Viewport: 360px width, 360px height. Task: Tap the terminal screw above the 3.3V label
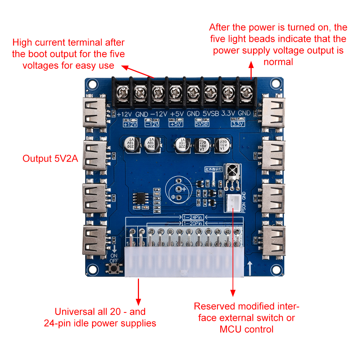228,94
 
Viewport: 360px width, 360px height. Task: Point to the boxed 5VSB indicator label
202,124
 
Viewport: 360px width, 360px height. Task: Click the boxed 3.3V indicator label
238,124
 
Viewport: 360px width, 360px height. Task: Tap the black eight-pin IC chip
139,199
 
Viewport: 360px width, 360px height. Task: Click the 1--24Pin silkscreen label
193,217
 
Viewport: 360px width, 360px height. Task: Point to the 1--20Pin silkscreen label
193,223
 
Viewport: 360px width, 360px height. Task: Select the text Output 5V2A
50,159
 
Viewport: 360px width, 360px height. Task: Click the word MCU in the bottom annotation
230,329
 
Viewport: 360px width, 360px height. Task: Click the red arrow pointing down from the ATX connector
138,292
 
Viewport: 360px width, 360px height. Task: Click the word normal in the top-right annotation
278,62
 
